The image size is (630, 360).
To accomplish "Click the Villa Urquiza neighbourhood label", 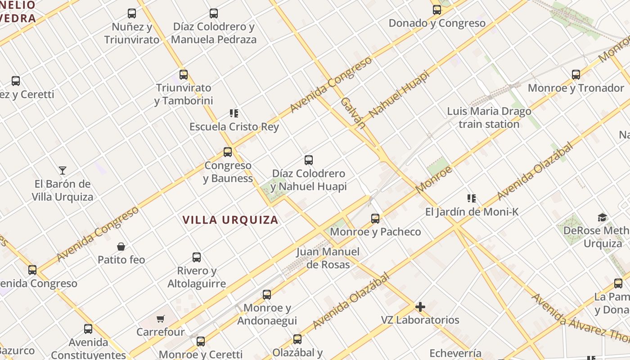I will [x=230, y=220].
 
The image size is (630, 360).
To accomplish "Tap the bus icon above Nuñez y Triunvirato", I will [x=132, y=13].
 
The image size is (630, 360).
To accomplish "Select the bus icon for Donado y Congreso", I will [x=437, y=10].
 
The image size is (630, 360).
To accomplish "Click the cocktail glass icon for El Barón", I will [x=63, y=171].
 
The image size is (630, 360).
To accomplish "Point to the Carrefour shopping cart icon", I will [x=161, y=319].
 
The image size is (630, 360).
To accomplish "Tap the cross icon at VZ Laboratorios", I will [x=420, y=307].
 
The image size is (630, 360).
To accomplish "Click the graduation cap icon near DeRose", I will [x=602, y=218].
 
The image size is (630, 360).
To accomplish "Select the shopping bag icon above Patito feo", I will [x=121, y=247].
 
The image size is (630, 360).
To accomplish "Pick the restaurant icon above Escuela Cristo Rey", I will [x=234, y=113].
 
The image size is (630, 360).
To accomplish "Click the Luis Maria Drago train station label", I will [x=489, y=117].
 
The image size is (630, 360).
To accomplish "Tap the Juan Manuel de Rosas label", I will [x=328, y=258].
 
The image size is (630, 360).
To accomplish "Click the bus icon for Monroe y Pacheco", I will [x=375, y=219].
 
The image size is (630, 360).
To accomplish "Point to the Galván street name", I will [x=352, y=112].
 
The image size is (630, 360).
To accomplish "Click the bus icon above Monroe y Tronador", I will [x=576, y=75].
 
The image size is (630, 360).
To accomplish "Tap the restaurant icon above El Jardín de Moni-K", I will [x=472, y=198].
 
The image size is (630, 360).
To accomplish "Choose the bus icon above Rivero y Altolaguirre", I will [x=197, y=257].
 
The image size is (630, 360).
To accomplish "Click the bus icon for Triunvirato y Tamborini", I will [x=184, y=75].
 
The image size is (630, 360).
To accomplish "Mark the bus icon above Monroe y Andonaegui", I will [x=267, y=295].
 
